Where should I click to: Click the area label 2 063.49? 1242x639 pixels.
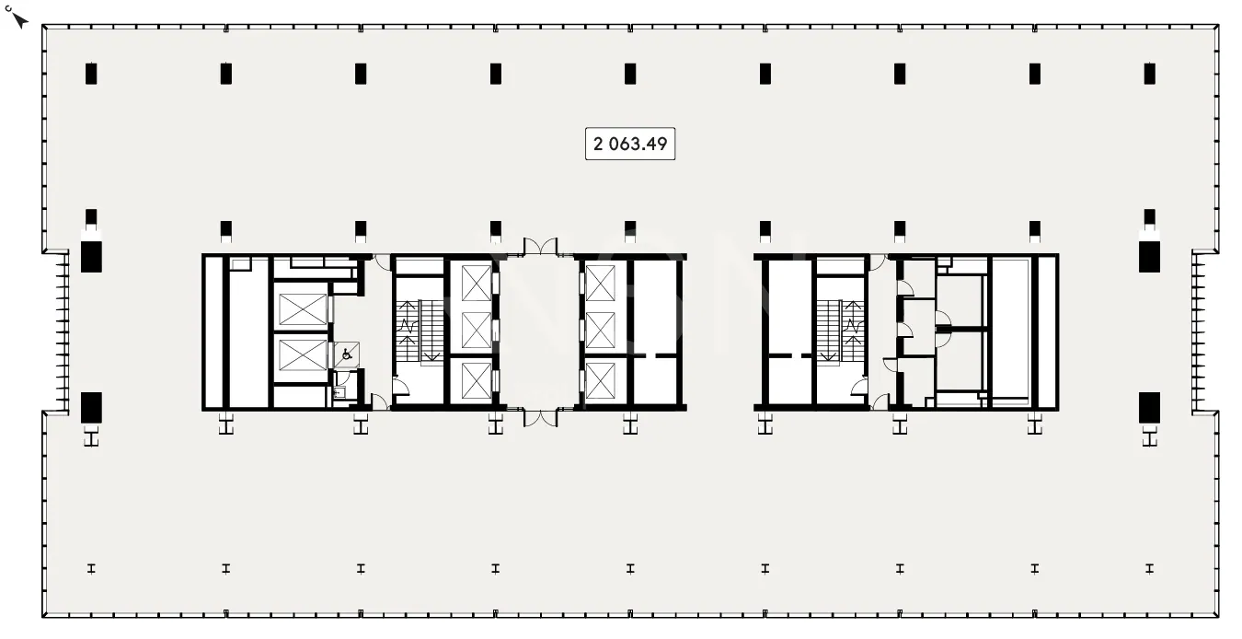coord(630,144)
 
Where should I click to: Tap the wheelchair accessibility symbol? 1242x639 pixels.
coord(347,354)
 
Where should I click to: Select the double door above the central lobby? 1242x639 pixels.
coord(541,246)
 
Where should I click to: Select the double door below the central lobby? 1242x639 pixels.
coord(541,418)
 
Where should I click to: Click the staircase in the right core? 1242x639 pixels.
coord(841,331)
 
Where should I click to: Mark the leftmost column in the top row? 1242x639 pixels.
coord(91,74)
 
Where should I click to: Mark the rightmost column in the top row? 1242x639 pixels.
coord(1149,74)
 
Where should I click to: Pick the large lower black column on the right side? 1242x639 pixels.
coord(1149,408)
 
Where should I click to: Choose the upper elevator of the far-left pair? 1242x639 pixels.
coord(303,309)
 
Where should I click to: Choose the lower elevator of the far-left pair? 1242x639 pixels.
coord(303,355)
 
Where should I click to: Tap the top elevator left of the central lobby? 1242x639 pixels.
coord(477,283)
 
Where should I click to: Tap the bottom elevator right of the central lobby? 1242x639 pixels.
coord(601,380)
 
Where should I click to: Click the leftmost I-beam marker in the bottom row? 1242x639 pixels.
coord(91,568)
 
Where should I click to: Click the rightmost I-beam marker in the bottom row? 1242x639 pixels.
coord(1149,568)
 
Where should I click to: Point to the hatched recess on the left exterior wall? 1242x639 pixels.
coord(63,332)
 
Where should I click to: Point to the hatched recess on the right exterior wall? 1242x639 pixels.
coord(1199,332)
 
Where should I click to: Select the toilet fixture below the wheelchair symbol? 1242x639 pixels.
coord(339,392)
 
